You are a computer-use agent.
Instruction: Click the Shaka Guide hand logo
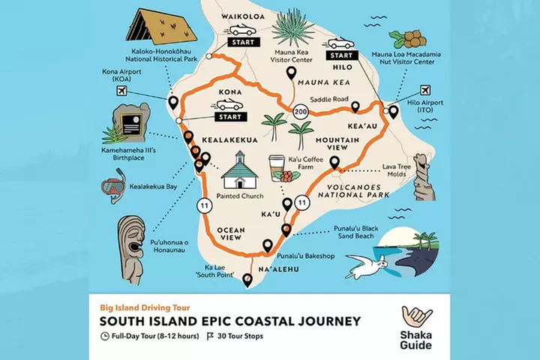pyautogui.click(x=417, y=317)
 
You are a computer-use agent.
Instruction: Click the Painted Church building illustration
pyautogui.click(x=238, y=172)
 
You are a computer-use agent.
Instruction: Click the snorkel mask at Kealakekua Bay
pyautogui.click(x=114, y=185)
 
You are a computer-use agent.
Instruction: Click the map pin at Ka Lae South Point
pyautogui.click(x=247, y=281)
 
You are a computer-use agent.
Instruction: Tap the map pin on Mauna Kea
pyautogui.click(x=290, y=73)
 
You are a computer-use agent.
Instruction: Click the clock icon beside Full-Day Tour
pyautogui.click(x=104, y=336)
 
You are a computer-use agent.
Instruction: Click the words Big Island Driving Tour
pyautogui.click(x=144, y=307)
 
